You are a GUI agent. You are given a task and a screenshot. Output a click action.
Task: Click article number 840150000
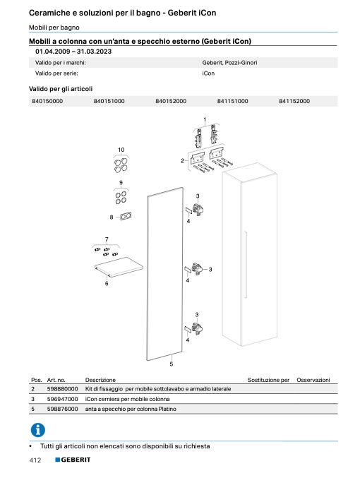tap(47, 101)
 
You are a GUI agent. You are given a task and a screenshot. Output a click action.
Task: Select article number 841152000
tap(294, 101)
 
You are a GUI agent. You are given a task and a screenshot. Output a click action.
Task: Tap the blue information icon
tap(38, 430)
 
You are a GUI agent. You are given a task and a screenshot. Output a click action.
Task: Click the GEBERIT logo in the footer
tap(73, 460)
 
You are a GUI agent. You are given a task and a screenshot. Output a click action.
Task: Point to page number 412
tap(35, 460)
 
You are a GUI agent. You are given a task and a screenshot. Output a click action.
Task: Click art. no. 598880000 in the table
tap(63, 389)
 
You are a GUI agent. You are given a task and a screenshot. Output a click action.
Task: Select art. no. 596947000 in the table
tap(63, 399)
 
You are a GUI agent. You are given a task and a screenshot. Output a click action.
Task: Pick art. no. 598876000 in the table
tap(63, 409)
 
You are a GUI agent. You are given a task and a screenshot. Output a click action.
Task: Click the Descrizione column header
tap(100, 380)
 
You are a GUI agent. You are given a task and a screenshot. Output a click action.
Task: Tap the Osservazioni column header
tap(313, 380)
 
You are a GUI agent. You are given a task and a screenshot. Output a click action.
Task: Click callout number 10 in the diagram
tap(121, 150)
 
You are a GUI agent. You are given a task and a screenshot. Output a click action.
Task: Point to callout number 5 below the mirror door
tap(172, 364)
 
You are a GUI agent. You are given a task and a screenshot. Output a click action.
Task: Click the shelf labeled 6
tap(119, 267)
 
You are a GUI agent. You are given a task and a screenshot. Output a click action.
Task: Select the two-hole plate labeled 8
tap(126, 217)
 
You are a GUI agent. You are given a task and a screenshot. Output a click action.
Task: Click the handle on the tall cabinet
tap(245, 265)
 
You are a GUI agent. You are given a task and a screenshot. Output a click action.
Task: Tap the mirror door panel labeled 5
tap(165, 274)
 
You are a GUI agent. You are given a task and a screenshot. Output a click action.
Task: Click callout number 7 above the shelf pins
tap(107, 239)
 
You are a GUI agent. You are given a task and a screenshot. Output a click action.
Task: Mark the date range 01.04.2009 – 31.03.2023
tap(73, 52)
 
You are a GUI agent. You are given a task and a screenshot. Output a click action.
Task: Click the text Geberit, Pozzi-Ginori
tap(229, 63)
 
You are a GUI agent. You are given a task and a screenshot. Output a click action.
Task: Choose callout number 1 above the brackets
tap(205, 119)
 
